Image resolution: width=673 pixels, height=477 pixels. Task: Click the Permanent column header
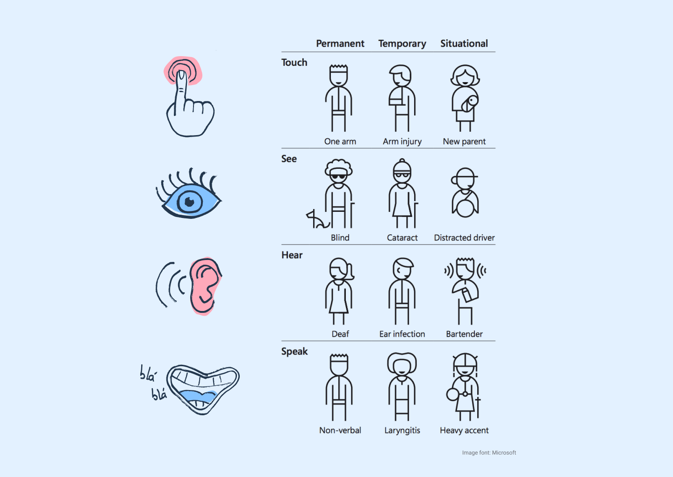pyautogui.click(x=340, y=43)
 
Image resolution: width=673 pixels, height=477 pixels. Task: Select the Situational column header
pyautogui.click(x=464, y=43)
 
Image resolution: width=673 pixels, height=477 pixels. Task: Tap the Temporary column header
pyautogui.click(x=402, y=44)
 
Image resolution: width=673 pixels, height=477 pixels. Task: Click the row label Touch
pyautogui.click(x=294, y=63)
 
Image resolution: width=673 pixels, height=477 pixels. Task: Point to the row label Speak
pyautogui.click(x=294, y=352)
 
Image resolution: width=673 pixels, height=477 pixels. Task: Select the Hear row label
pyautogui.click(x=292, y=255)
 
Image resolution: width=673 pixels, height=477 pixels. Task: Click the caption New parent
pyautogui.click(x=464, y=142)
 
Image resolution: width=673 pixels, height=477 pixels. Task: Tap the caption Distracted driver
pyautogui.click(x=464, y=238)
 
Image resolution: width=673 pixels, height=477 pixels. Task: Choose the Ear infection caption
pyautogui.click(x=402, y=334)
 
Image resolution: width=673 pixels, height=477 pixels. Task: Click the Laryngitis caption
pyautogui.click(x=402, y=430)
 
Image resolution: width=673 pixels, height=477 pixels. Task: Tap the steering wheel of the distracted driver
pyautogui.click(x=465, y=209)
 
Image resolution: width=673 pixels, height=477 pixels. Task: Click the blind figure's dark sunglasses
pyautogui.click(x=338, y=177)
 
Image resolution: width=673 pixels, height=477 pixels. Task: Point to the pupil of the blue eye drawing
pyautogui.click(x=190, y=202)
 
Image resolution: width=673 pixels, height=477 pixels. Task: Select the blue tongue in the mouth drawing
pyautogui.click(x=198, y=396)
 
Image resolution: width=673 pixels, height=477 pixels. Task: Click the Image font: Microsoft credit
pyautogui.click(x=489, y=453)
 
